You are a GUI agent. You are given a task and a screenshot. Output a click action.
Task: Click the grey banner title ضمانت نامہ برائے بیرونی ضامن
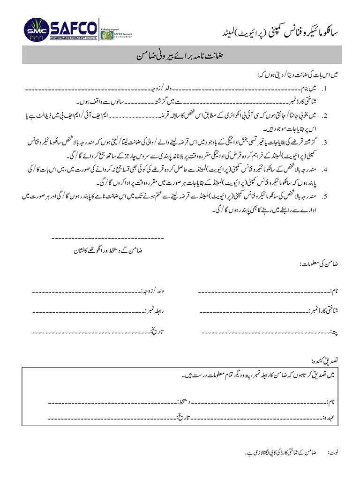click(180, 55)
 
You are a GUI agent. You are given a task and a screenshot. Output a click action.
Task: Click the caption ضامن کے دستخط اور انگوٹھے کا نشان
click(107, 251)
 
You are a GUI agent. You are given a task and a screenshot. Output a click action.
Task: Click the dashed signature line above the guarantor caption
click(107, 239)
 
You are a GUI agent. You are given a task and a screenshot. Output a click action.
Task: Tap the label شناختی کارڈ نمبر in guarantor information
click(323, 310)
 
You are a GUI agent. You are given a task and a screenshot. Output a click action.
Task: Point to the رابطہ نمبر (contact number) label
click(157, 310)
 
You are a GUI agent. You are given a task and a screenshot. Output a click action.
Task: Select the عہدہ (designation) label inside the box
click(331, 416)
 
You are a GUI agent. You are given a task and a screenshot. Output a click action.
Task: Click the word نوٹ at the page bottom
click(333, 453)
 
